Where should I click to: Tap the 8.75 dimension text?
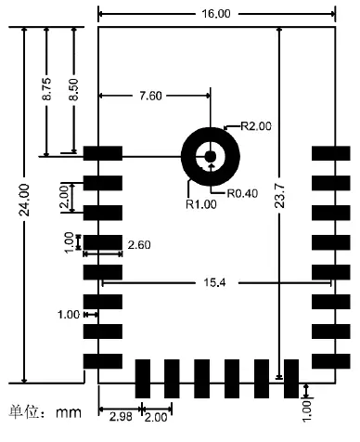tap(48, 97)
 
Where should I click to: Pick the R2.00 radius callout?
tap(256, 126)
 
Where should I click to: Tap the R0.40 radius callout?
tap(241, 192)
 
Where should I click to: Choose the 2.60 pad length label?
tap(138, 243)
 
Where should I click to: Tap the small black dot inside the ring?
tap(211, 156)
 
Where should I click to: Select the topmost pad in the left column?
tap(102, 153)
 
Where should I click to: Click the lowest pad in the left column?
tap(102, 360)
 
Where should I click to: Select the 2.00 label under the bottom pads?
tap(157, 415)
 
